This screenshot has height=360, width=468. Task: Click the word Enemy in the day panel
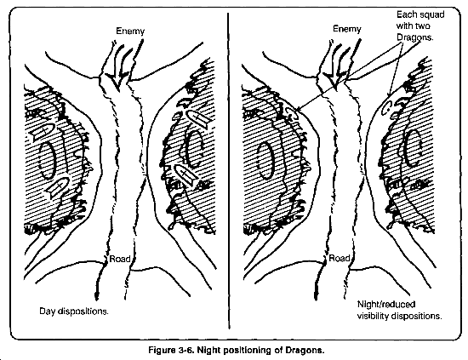click(x=130, y=31)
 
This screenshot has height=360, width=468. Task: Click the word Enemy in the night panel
click(x=347, y=29)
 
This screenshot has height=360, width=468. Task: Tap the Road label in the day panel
click(x=120, y=259)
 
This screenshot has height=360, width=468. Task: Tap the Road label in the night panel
click(x=340, y=258)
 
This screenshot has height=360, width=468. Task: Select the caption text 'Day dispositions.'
click(x=74, y=311)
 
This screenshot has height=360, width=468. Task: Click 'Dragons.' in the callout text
click(x=414, y=37)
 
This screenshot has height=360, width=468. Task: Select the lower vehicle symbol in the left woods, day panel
click(x=58, y=186)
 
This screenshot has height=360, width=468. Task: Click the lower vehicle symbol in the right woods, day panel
click(x=185, y=175)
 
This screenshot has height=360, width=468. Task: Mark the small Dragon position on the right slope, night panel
click(x=387, y=107)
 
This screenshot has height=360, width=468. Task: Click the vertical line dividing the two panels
click(x=229, y=171)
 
